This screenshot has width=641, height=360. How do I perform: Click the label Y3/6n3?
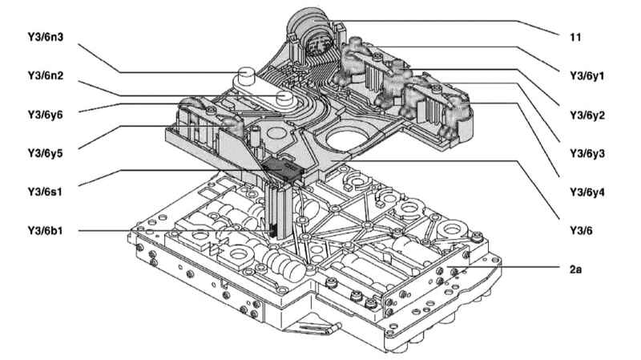click(x=46, y=37)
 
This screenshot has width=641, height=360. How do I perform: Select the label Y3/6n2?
click(x=46, y=75)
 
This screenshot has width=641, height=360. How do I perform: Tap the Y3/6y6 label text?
click(x=46, y=115)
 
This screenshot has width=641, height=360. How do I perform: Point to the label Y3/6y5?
click(x=46, y=153)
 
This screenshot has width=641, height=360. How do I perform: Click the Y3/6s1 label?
click(x=45, y=192)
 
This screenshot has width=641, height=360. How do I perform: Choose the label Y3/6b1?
click(x=46, y=231)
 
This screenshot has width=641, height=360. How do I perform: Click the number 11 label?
click(x=575, y=37)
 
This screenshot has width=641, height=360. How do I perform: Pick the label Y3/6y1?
click(x=587, y=76)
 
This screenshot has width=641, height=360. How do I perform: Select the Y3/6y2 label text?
click(x=587, y=115)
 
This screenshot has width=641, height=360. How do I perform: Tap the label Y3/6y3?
click(x=587, y=154)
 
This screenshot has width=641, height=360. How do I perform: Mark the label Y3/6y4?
click(x=587, y=192)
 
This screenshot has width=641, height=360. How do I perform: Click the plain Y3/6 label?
click(x=581, y=231)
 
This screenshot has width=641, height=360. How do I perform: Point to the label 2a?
click(x=575, y=269)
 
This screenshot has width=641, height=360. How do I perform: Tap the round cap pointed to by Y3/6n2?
click(x=284, y=98)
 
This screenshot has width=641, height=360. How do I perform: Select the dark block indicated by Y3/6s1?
click(x=282, y=168)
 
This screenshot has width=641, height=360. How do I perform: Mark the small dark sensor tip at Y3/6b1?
click(x=272, y=232)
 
